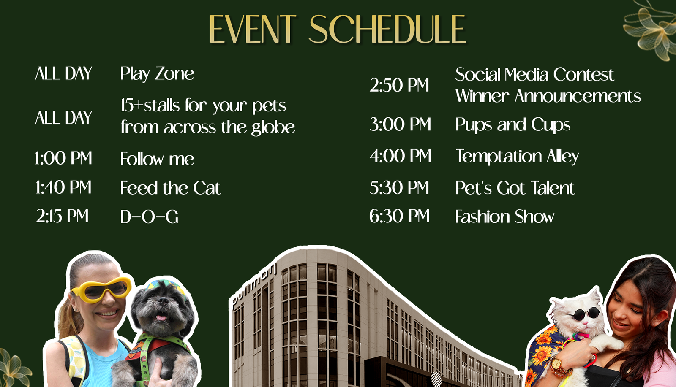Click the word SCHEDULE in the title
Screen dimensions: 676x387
point(387,29)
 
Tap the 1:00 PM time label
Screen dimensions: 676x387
point(63,158)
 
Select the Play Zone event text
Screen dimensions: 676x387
point(157,74)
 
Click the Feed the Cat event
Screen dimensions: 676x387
point(171,188)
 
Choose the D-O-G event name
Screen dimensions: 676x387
point(150,217)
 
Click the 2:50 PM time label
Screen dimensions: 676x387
point(399,85)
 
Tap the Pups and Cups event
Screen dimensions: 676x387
point(513,125)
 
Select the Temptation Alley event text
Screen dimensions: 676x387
point(517,157)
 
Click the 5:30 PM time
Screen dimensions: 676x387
point(399,187)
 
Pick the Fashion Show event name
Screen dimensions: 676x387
point(504,217)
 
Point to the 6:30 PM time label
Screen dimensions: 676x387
point(400,216)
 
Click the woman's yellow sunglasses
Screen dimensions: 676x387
point(101,290)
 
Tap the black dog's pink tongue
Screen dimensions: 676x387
point(161,318)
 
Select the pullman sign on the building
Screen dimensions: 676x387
point(254,286)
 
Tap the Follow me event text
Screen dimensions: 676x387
point(157,159)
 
